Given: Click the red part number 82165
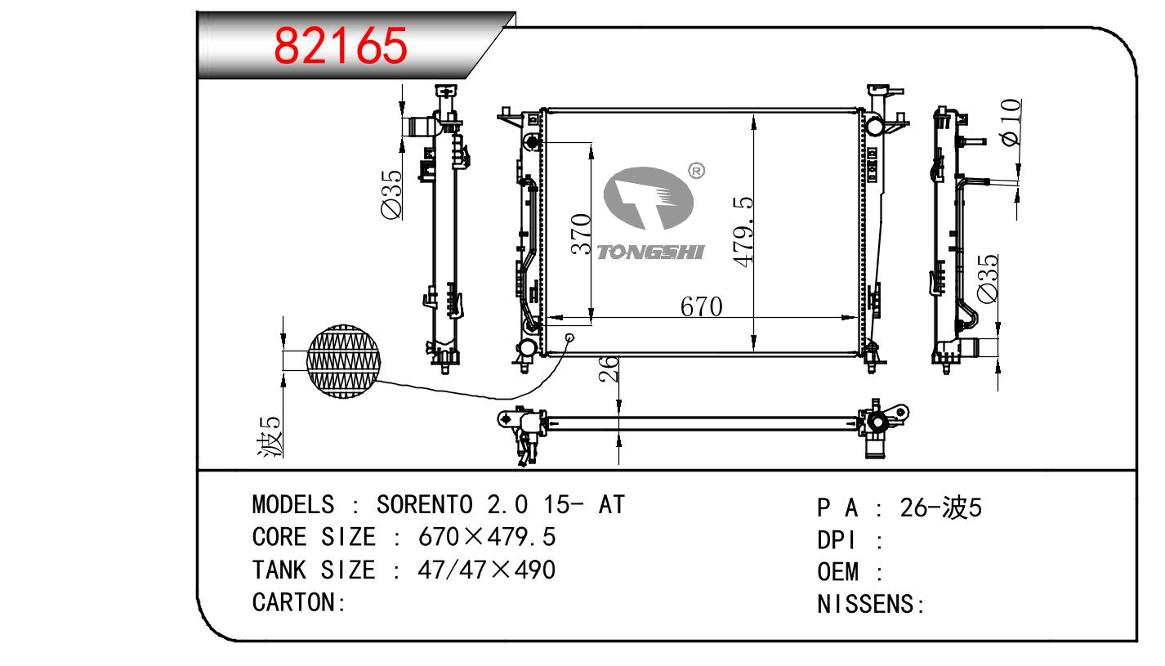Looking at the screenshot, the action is click(x=340, y=46).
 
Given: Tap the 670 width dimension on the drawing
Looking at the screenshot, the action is click(x=701, y=306).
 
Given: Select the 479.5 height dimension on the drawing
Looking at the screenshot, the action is click(x=743, y=231).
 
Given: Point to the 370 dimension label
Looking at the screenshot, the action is click(x=581, y=234).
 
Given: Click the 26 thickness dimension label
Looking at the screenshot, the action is click(x=609, y=369).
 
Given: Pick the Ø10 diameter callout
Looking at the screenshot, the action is click(x=1010, y=123).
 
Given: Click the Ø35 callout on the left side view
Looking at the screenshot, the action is click(x=391, y=194).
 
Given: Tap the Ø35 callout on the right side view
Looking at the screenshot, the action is click(x=987, y=278).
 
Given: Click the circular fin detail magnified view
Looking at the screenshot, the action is click(x=343, y=362).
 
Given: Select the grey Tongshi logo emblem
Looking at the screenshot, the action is click(x=648, y=199).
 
